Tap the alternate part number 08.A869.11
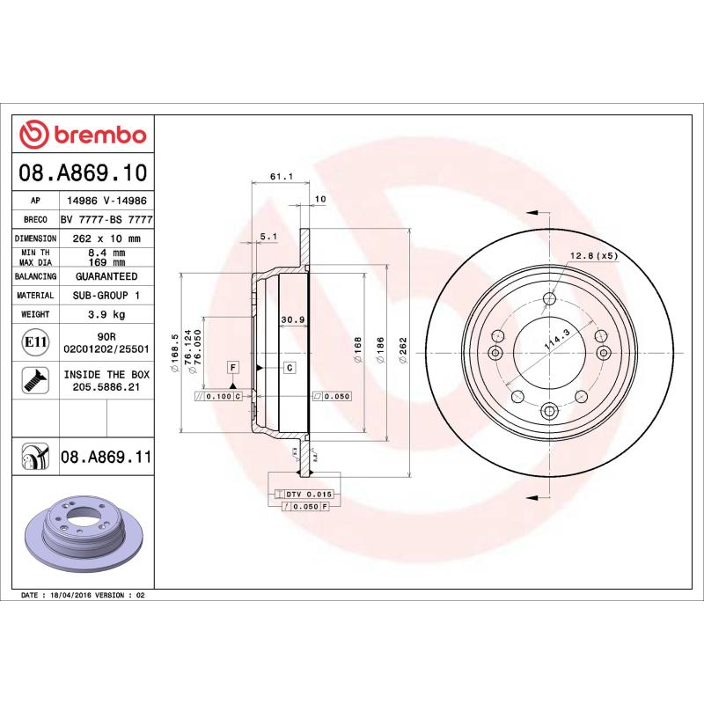pyautogui.click(x=106, y=457)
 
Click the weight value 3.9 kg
pyautogui.click(x=106, y=314)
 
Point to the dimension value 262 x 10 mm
pyautogui.click(x=106, y=238)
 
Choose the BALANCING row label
pyautogui.click(x=36, y=276)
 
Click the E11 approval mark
pyautogui.click(x=36, y=341)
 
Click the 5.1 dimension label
pyautogui.click(x=269, y=236)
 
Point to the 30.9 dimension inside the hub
pyautogui.click(x=292, y=319)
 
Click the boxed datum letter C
pyautogui.click(x=289, y=366)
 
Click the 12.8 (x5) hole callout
pyautogui.click(x=595, y=255)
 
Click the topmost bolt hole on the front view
pyautogui.click(x=550, y=299)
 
